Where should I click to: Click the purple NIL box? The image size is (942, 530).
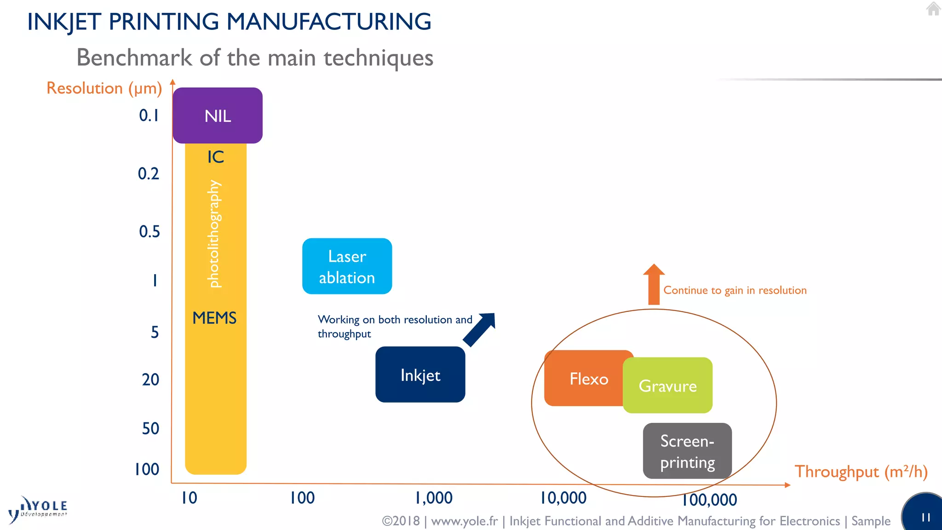[x=218, y=115]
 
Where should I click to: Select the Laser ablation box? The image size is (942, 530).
[x=347, y=266]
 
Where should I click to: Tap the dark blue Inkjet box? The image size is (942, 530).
[x=420, y=374]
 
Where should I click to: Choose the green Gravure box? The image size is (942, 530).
[x=668, y=386]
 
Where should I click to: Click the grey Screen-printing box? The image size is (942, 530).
[x=687, y=451]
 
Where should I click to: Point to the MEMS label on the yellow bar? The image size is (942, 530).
[x=214, y=318]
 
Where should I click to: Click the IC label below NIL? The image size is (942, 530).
[x=215, y=157]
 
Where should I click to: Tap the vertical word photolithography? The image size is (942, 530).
[x=214, y=234]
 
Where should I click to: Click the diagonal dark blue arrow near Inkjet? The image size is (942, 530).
[x=480, y=329]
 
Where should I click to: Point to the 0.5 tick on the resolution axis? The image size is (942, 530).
[x=149, y=231]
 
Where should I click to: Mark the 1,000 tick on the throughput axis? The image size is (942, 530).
[x=434, y=498]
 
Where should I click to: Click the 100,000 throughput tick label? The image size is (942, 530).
[x=709, y=500]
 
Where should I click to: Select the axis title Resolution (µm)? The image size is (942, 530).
[x=104, y=88]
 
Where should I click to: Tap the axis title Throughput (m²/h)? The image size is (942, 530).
[x=861, y=472]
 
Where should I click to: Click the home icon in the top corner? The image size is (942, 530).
[x=933, y=9]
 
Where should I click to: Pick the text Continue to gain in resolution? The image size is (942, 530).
[x=735, y=290]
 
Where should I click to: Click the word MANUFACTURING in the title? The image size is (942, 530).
[x=329, y=22]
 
